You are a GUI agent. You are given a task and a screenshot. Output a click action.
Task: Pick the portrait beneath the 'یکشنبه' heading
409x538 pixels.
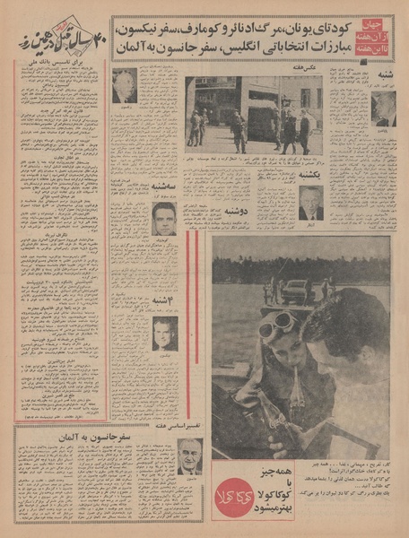[x=310, y=206]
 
